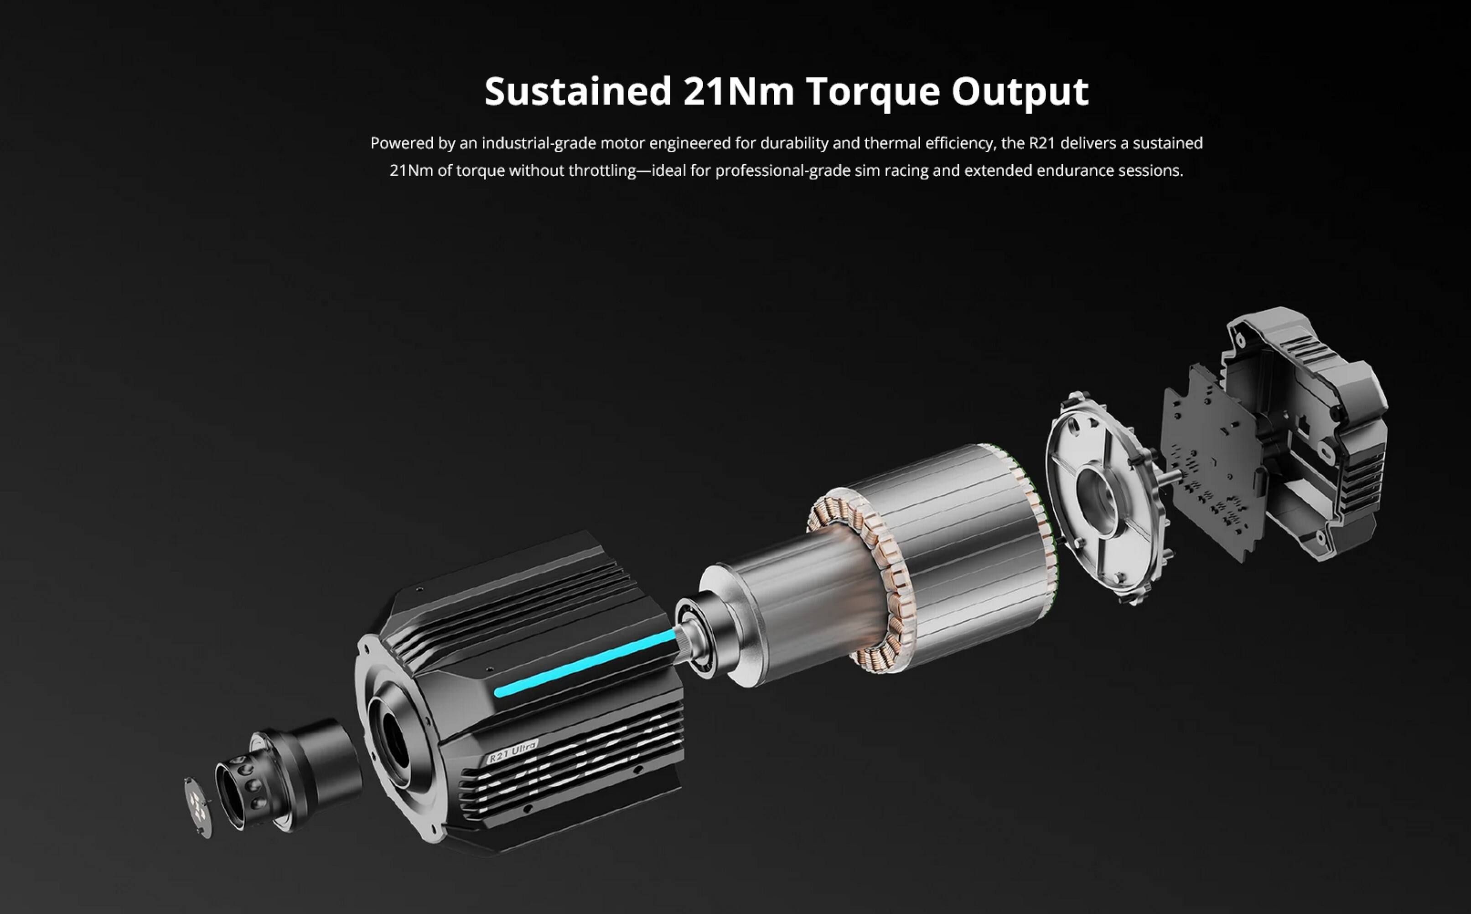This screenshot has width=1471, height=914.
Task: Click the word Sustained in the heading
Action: point(577,92)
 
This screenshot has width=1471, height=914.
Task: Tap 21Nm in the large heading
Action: point(739,92)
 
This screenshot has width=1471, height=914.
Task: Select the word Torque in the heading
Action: point(873,92)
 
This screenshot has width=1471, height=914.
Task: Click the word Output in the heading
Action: point(1020,92)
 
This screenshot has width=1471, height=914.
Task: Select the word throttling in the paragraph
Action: point(602,171)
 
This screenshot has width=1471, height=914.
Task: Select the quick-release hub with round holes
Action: point(242,789)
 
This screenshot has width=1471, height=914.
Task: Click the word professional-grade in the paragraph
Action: point(782,171)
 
